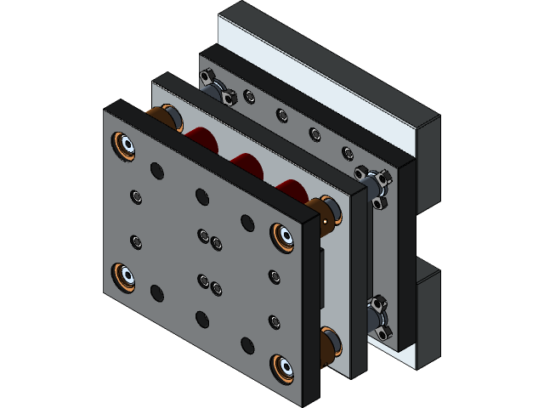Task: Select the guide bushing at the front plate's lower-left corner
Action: (x=124, y=277)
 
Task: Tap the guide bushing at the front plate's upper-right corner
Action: (x=281, y=235)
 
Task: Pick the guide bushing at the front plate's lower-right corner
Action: (x=281, y=368)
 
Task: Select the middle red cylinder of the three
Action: (x=246, y=163)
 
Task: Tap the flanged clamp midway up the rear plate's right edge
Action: (x=373, y=184)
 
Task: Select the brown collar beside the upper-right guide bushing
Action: (x=324, y=212)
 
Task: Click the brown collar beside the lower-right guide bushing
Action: (x=328, y=344)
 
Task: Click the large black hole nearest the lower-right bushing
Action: (x=247, y=345)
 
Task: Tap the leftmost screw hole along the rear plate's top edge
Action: (x=249, y=96)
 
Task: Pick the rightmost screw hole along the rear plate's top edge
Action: (x=347, y=153)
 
